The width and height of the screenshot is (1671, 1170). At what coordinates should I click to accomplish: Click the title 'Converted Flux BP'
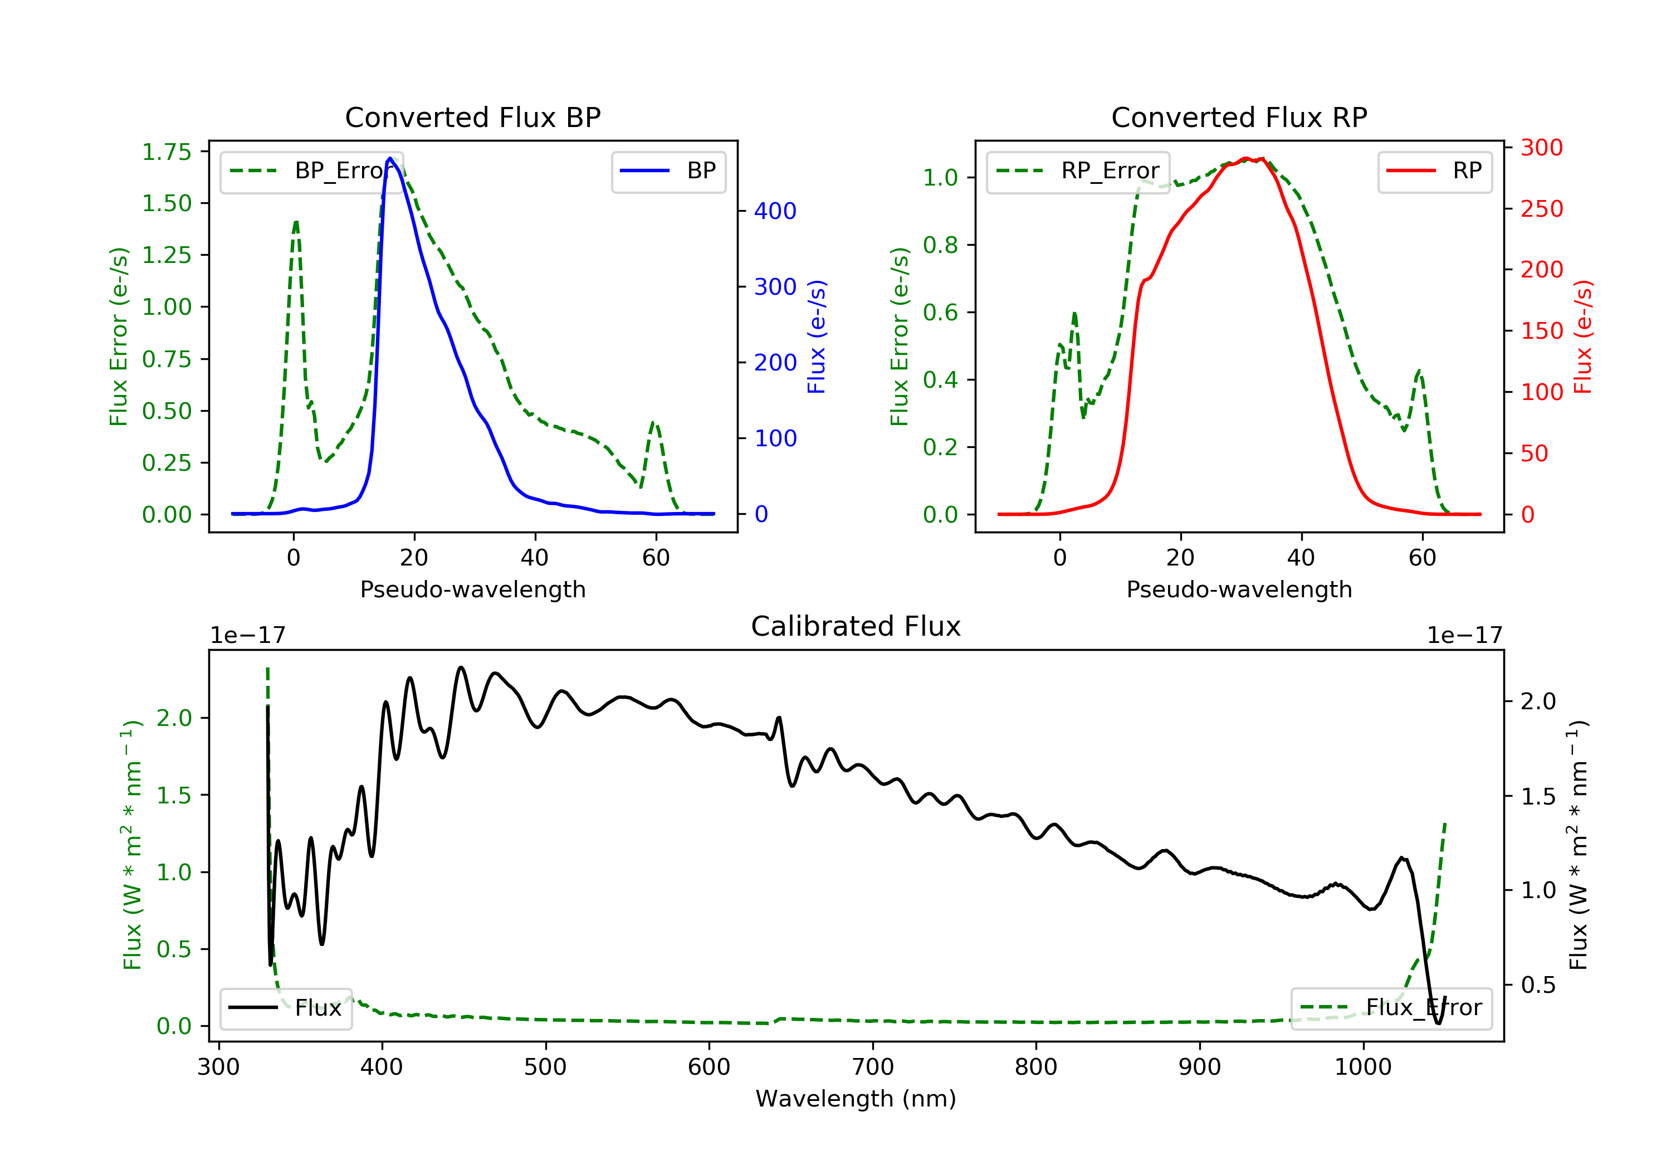click(x=472, y=117)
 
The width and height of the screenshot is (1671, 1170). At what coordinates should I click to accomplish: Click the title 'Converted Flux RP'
click(x=1239, y=117)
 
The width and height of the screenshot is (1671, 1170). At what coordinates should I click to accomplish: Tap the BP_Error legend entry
click(x=311, y=171)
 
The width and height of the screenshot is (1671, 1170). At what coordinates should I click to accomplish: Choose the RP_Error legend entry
click(x=1078, y=171)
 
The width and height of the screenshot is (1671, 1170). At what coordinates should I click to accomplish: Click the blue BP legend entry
click(x=668, y=171)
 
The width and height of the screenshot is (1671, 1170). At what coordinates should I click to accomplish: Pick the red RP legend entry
click(x=1434, y=171)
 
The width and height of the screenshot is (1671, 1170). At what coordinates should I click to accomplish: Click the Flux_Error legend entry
click(x=1391, y=1008)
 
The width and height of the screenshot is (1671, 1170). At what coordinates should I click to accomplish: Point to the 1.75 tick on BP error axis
click(x=167, y=152)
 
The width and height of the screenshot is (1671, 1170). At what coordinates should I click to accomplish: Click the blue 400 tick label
click(x=775, y=211)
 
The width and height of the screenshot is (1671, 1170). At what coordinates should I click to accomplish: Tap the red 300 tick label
click(x=1541, y=148)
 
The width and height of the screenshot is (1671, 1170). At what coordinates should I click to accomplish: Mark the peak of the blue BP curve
click(x=390, y=158)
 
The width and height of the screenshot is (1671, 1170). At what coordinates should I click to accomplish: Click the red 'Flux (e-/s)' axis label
click(x=1582, y=337)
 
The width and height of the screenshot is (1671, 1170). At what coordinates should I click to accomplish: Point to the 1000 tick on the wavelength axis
click(x=1362, y=1067)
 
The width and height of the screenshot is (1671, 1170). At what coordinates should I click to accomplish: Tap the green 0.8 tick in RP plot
click(x=940, y=245)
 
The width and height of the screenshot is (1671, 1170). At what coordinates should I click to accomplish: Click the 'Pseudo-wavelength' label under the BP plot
click(x=472, y=589)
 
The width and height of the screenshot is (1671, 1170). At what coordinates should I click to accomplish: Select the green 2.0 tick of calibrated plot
click(x=174, y=718)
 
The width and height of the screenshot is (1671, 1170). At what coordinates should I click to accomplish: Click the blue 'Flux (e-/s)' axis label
click(x=816, y=337)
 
